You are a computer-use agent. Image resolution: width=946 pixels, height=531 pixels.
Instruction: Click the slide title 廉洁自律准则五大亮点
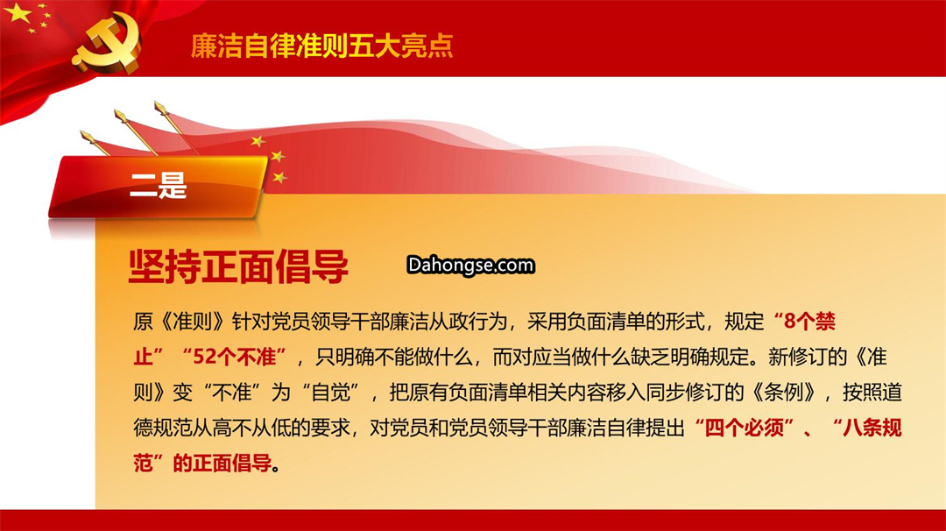pyautogui.click(x=321, y=46)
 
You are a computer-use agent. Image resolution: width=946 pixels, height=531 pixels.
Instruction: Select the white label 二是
pyautogui.click(x=158, y=185)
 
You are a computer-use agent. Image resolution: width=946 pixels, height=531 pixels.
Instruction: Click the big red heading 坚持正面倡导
pyautogui.click(x=238, y=266)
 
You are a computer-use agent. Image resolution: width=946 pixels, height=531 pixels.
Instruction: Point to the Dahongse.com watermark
pyautogui.click(x=470, y=265)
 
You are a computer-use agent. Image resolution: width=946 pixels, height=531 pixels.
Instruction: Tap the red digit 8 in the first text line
pyautogui.click(x=790, y=322)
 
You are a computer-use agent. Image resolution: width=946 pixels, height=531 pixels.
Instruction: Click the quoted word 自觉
pyautogui.click(x=330, y=393)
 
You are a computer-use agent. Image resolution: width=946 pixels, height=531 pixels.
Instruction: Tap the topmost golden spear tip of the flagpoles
pyautogui.click(x=160, y=108)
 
